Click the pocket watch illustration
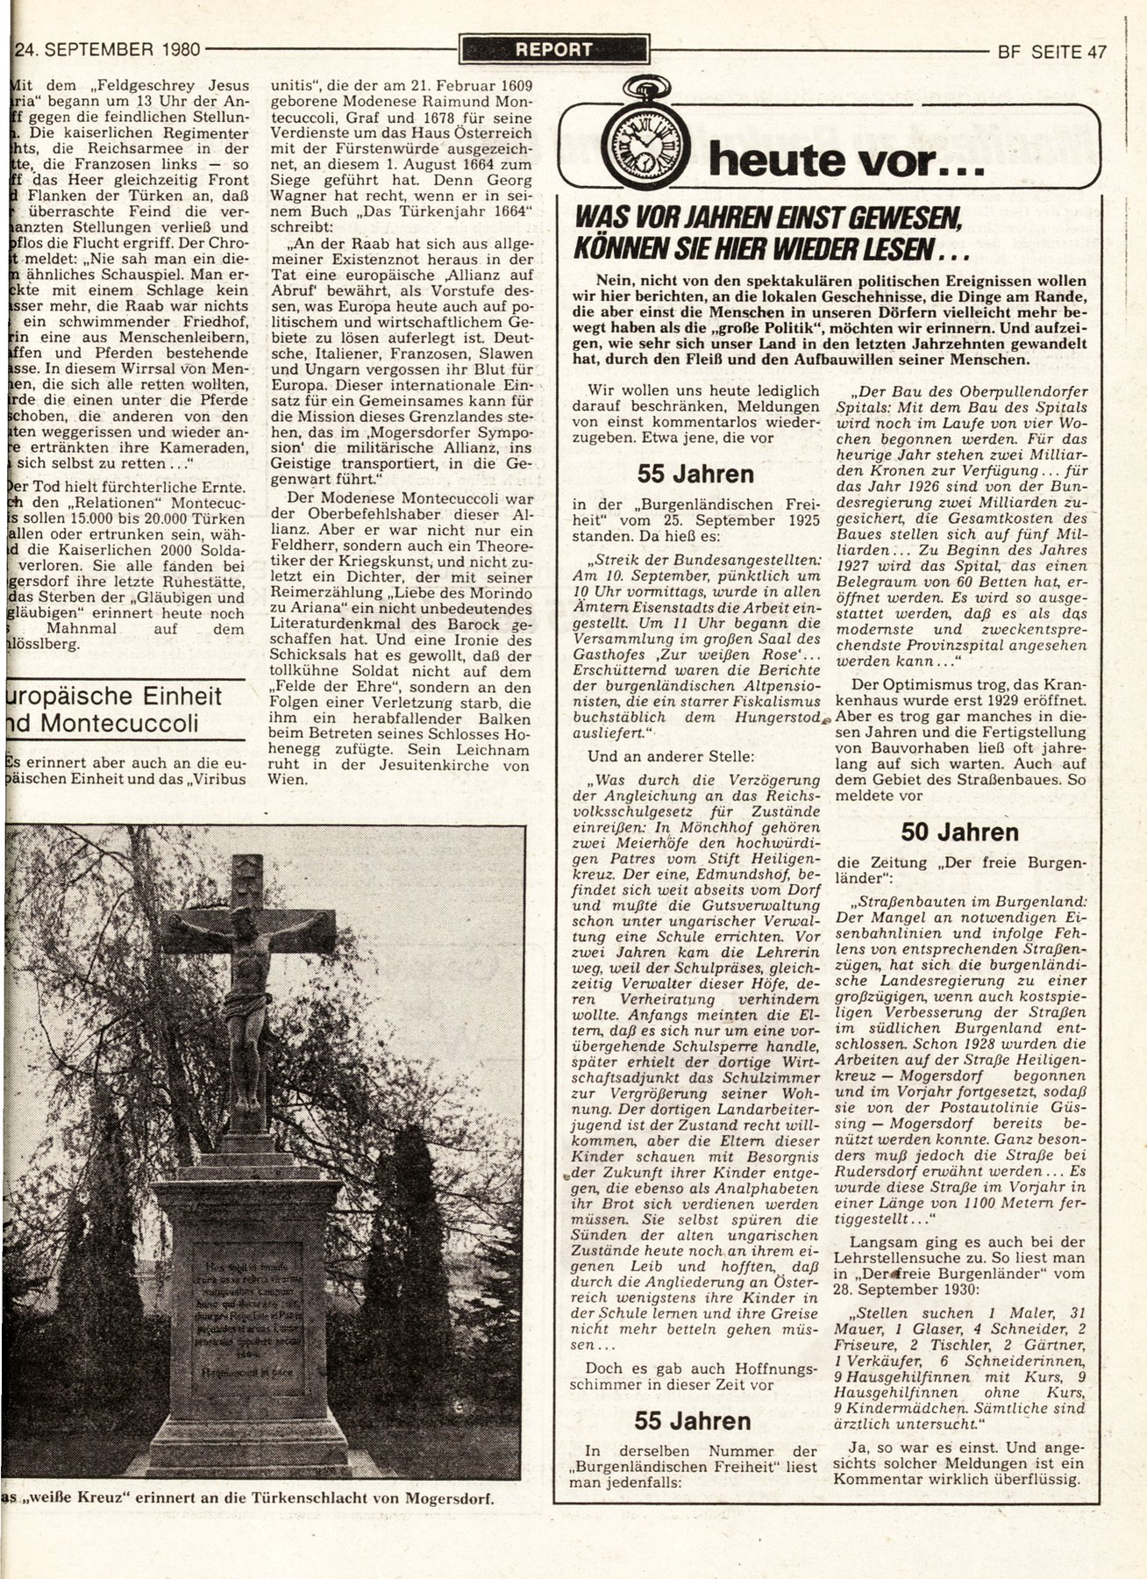tap(645, 132)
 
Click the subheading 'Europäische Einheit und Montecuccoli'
tap(112, 710)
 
